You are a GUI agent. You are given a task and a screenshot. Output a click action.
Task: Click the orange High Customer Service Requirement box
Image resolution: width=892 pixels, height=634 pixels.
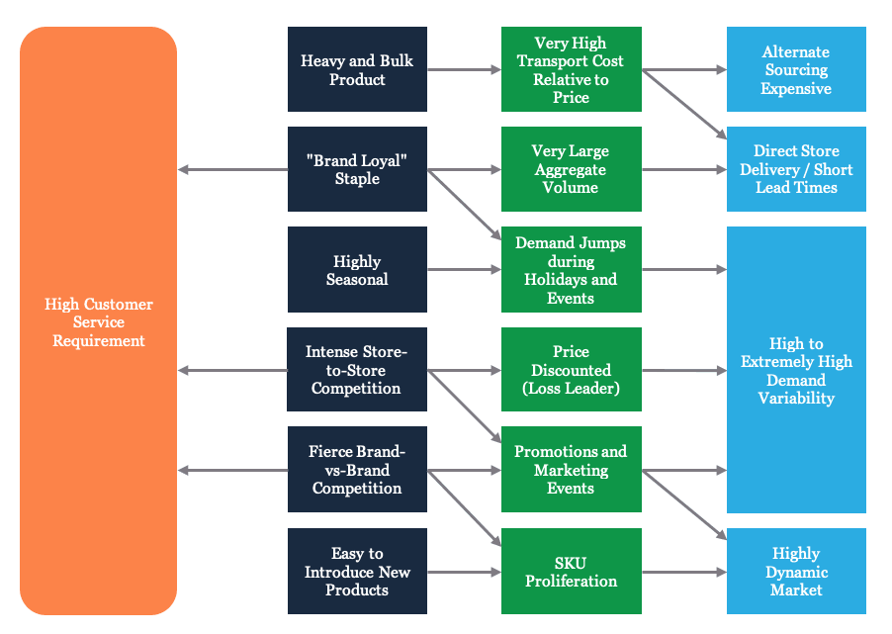click(98, 321)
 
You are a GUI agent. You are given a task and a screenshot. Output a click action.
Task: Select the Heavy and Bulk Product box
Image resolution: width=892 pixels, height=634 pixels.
click(357, 69)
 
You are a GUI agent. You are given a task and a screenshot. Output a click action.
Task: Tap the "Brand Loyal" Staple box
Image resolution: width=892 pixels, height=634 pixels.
click(357, 169)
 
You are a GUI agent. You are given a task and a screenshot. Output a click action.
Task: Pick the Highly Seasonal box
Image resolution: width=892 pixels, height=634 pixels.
click(357, 270)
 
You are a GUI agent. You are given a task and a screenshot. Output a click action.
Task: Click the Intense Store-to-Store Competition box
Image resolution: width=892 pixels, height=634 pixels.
click(357, 370)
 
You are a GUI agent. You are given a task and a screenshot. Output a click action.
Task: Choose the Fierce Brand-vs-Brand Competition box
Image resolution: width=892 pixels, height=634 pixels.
click(357, 470)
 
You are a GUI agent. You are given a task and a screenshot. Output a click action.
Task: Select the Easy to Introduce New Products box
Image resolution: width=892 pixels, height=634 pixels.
click(357, 572)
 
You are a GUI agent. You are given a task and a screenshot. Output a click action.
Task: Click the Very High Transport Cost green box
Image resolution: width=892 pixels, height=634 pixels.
click(571, 69)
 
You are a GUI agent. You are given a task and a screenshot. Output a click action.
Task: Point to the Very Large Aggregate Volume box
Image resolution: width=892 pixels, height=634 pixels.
click(571, 169)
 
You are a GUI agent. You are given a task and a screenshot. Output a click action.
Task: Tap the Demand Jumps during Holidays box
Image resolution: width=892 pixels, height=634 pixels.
click(571, 270)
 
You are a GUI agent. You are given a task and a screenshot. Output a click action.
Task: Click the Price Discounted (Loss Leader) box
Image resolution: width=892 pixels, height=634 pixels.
click(571, 370)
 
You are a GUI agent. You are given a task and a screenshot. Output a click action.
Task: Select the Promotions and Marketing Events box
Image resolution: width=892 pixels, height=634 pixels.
click(571, 470)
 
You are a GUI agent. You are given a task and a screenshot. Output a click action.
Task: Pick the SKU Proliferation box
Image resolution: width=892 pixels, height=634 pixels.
click(571, 572)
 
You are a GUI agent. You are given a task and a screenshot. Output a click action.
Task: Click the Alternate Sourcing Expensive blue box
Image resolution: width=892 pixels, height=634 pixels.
click(796, 69)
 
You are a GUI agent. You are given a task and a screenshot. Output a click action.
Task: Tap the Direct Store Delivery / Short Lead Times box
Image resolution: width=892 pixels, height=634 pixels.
click(796, 169)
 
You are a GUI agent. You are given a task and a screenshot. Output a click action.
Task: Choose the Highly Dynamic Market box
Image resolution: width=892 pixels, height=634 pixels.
click(796, 572)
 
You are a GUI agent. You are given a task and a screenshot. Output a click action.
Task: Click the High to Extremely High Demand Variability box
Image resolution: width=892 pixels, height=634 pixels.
click(796, 370)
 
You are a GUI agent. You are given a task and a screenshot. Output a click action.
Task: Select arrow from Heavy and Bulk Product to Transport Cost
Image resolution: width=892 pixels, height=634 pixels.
click(464, 69)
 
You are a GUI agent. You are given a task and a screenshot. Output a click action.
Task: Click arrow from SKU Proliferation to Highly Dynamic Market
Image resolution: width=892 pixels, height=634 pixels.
click(683, 572)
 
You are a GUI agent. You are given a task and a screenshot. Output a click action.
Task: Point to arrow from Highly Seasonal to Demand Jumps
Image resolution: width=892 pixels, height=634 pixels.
click(464, 270)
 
